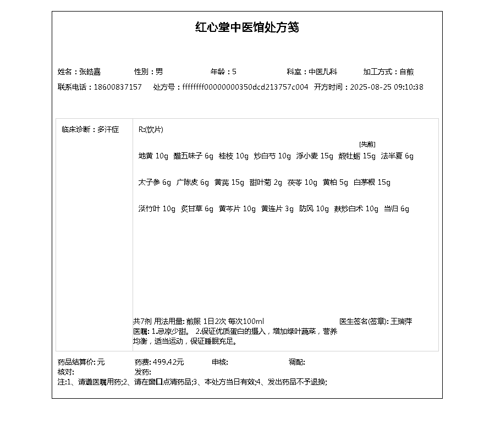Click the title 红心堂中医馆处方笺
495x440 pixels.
247,28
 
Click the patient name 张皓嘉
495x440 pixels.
90,71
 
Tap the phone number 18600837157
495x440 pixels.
118,87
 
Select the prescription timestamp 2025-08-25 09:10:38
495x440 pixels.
387,87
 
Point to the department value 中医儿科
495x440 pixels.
322,71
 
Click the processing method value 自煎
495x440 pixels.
406,71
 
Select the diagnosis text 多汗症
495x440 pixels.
108,130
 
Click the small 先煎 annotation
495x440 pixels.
367,144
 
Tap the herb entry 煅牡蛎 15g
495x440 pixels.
357,156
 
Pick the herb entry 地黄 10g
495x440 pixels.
153,156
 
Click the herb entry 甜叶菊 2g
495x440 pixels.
266,183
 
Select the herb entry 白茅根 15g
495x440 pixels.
372,183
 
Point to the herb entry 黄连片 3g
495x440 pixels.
277,209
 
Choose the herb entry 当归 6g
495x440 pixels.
397,209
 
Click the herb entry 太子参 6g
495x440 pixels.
155,183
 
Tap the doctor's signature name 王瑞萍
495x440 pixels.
402,321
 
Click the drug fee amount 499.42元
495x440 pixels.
168,362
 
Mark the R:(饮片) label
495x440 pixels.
151,130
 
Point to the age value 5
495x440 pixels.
234,71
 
